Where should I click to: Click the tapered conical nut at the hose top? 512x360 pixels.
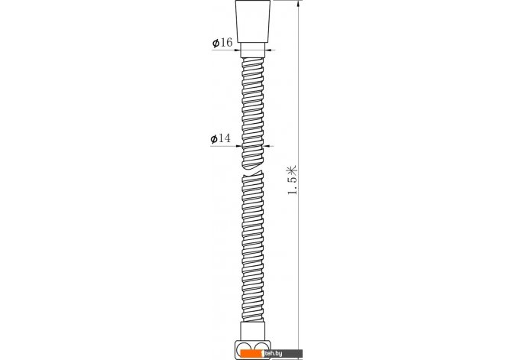pyautogui.click(x=253, y=21)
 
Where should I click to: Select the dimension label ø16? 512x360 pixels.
pyautogui.click(x=222, y=43)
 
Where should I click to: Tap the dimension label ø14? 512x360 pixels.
pyautogui.click(x=220, y=138)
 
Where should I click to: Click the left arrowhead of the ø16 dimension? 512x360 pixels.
pyautogui.click(x=238, y=50)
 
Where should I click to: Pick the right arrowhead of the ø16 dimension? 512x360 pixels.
pyautogui.click(x=267, y=50)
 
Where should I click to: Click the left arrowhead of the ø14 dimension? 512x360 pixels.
pyautogui.click(x=238, y=146)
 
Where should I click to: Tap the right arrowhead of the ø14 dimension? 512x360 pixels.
pyautogui.click(x=267, y=146)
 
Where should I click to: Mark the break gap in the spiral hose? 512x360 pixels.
pyautogui.click(x=253, y=172)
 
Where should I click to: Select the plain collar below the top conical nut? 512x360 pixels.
pyautogui.click(x=253, y=50)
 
